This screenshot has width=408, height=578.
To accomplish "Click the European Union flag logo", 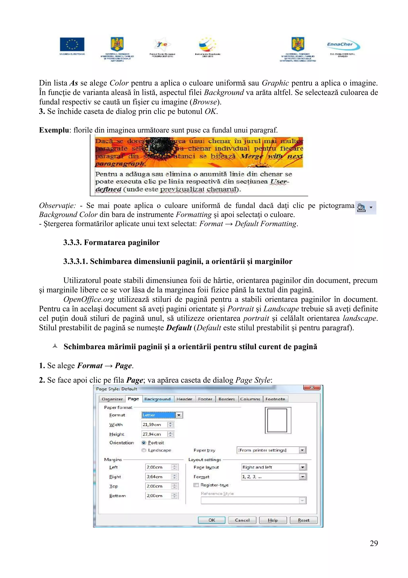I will [x=72, y=44].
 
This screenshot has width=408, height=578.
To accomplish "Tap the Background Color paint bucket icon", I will [x=361, y=208].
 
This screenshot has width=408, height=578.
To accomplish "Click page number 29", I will [x=374, y=543].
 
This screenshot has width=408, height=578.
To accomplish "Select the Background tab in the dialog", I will [x=157, y=399].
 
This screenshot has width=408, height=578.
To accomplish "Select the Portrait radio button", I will [x=144, y=443].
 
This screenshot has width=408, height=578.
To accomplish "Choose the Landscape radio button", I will [x=144, y=450].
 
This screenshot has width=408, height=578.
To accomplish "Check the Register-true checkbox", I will [x=196, y=485].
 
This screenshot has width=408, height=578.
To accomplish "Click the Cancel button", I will [x=242, y=520].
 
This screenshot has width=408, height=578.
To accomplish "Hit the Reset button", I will [x=303, y=520].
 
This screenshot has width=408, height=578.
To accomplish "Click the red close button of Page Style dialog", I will [x=312, y=388].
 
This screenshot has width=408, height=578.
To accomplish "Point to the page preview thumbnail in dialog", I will [x=278, y=420].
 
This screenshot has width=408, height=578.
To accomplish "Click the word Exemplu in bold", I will [x=54, y=130].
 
